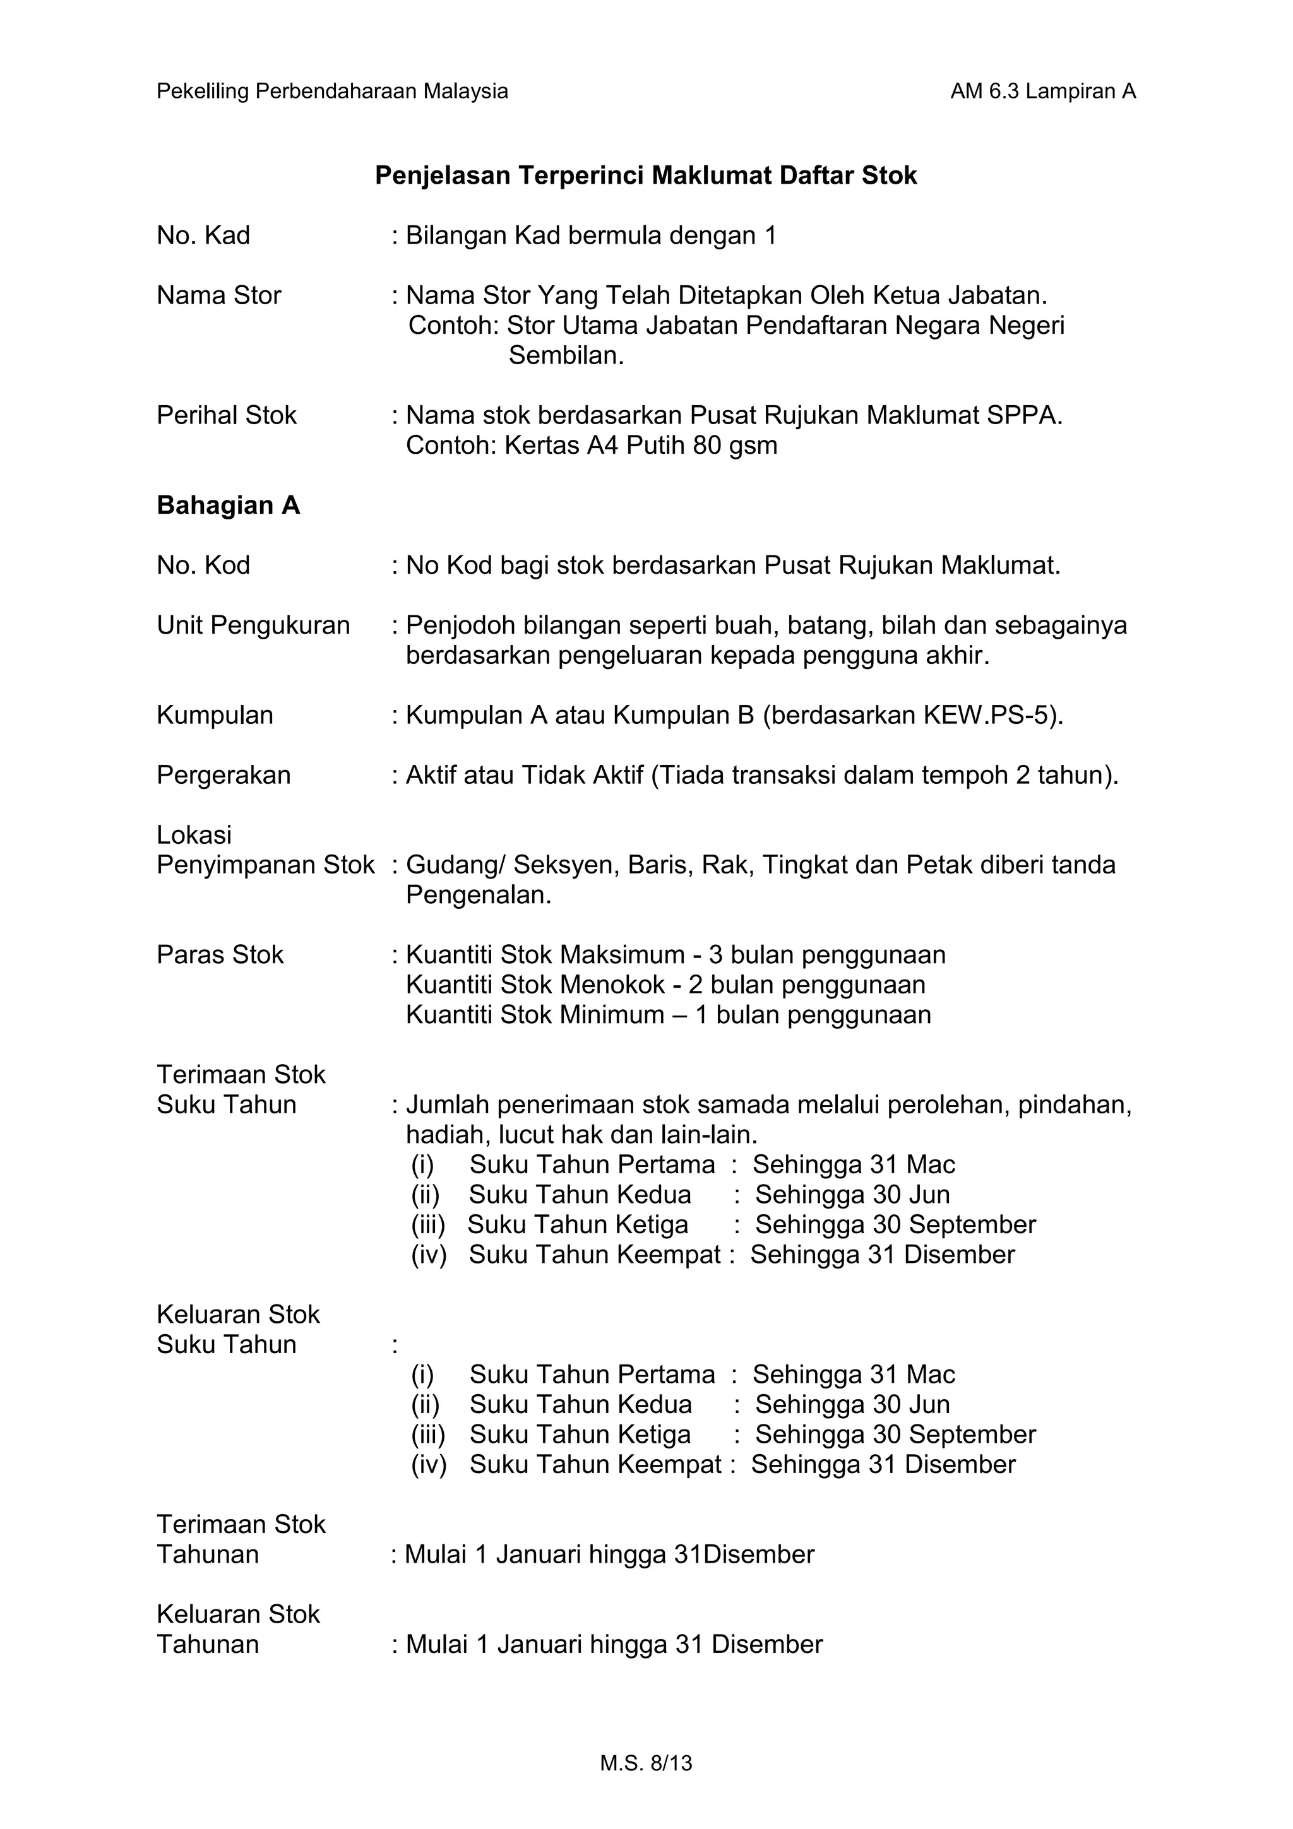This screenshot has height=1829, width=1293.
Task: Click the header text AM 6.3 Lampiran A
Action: (x=1042, y=92)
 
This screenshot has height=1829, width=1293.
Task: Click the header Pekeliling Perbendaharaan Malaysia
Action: (x=332, y=92)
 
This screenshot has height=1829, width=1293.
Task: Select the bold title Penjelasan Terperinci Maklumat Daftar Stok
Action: (x=645, y=175)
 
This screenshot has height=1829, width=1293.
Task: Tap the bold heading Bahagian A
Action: (x=228, y=505)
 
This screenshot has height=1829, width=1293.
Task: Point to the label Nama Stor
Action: (x=219, y=295)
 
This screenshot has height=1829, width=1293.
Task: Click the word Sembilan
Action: (x=566, y=355)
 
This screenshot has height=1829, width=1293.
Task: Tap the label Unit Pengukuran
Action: (x=253, y=625)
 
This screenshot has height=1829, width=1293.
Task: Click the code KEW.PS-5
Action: (x=989, y=715)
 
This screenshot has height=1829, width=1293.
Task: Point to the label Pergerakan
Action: (x=224, y=775)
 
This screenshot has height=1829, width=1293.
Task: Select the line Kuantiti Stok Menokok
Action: (x=665, y=985)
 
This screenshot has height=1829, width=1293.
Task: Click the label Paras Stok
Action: (x=220, y=955)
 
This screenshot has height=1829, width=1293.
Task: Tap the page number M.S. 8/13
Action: (x=646, y=1763)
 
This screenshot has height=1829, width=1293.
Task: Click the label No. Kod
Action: (x=203, y=565)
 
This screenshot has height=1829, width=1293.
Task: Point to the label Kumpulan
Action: (x=215, y=715)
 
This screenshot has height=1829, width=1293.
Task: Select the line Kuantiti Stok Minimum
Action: (x=667, y=1015)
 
